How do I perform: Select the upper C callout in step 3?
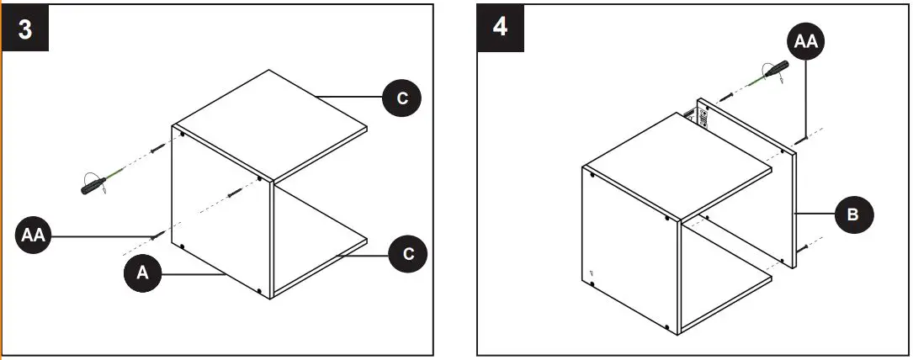coord(402,98)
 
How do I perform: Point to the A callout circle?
coord(142,273)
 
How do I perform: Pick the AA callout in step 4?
coord(806,41)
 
